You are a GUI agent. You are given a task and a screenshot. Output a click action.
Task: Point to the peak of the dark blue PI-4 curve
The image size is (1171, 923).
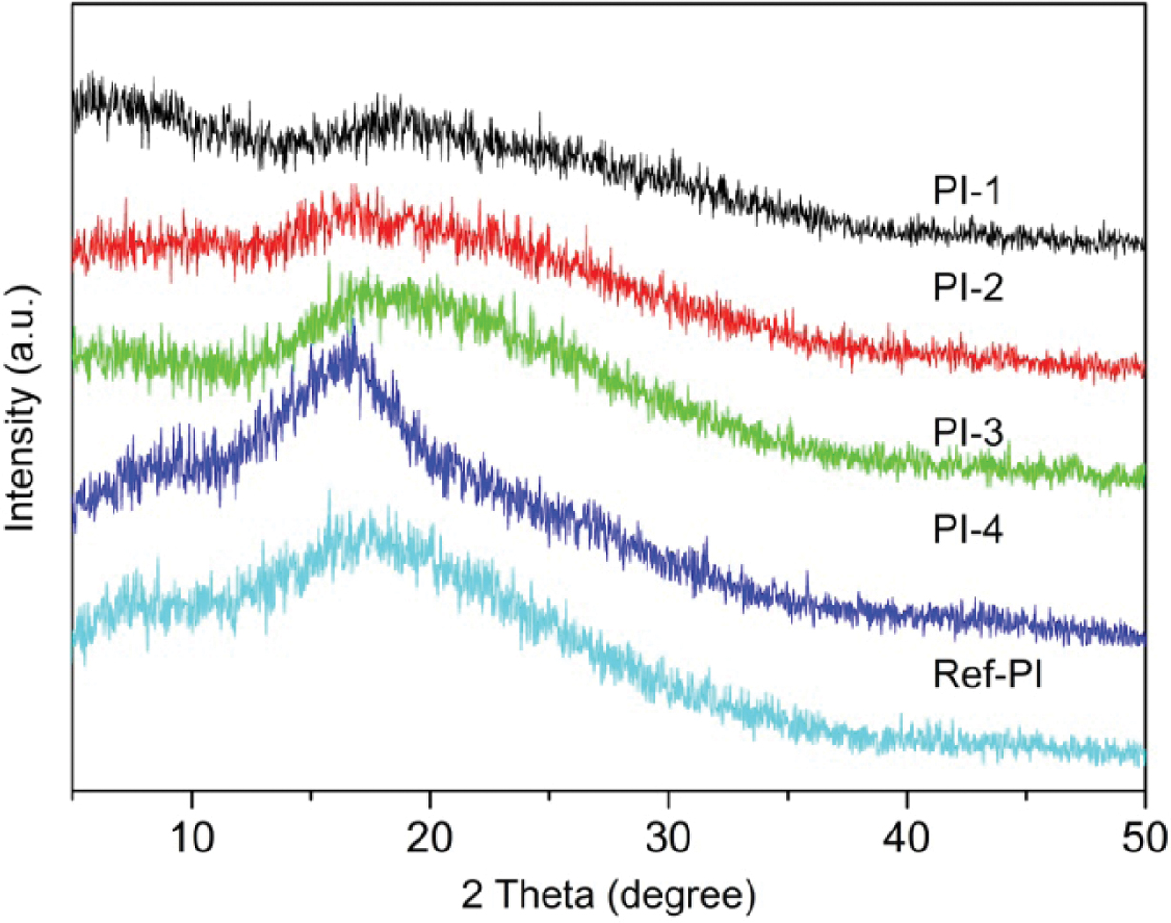click(x=354, y=329)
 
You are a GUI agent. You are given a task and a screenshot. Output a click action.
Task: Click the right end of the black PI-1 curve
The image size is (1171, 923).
click(x=1143, y=244)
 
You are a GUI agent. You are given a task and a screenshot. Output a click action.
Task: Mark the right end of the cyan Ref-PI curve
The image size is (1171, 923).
click(x=1143, y=753)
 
